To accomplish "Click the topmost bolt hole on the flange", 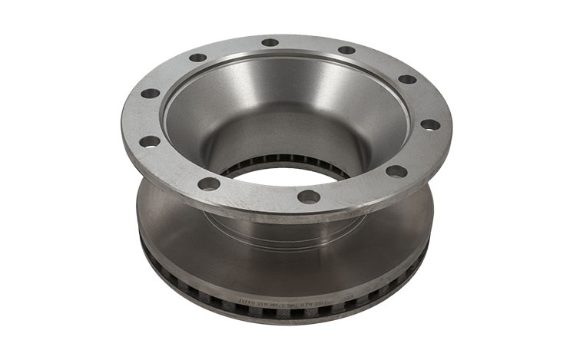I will (x=270, y=42).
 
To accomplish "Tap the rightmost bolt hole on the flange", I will (x=431, y=124).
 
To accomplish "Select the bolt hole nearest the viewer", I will (x=308, y=197).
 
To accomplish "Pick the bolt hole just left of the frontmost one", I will (x=208, y=183).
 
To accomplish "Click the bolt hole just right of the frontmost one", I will (x=396, y=171).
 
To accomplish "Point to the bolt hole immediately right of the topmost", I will (x=346, y=50).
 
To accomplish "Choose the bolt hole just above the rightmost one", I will (x=407, y=79).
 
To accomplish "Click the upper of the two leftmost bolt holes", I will (x=151, y=94).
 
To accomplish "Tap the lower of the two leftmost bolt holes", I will (x=150, y=141).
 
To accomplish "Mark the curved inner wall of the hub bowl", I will (x=230, y=107).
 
